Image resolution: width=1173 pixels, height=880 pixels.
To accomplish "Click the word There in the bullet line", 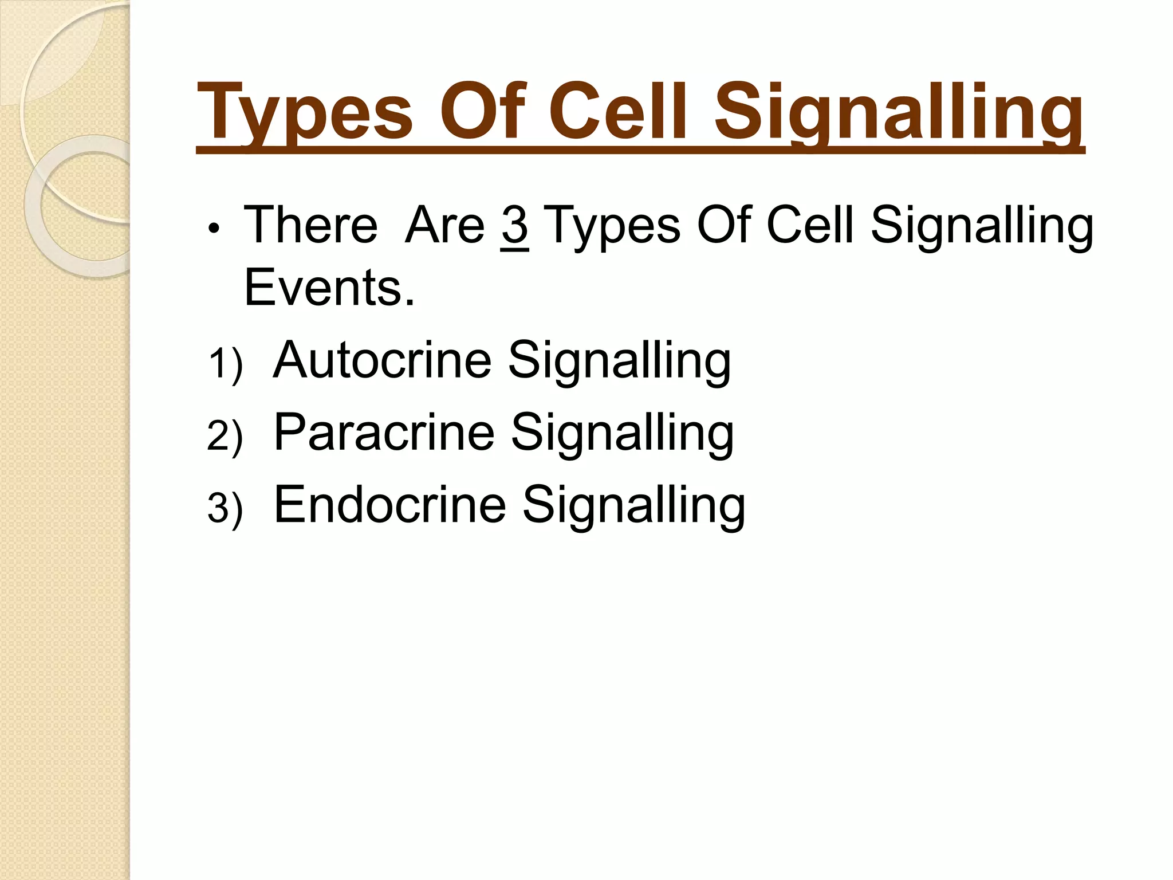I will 310,225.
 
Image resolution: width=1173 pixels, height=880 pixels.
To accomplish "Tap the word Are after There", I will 444,225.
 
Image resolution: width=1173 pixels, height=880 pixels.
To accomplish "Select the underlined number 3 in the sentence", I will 514,226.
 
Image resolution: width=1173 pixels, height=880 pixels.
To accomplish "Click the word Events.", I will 328,288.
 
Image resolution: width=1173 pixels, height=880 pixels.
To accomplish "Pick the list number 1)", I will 225,364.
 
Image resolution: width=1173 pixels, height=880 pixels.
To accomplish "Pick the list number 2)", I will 225,437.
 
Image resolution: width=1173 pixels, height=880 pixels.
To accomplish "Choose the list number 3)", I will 225,509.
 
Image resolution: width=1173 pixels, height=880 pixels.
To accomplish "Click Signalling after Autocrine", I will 619,361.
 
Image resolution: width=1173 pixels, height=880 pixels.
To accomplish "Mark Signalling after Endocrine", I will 633,505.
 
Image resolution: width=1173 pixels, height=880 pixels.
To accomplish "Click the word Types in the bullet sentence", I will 611,226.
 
